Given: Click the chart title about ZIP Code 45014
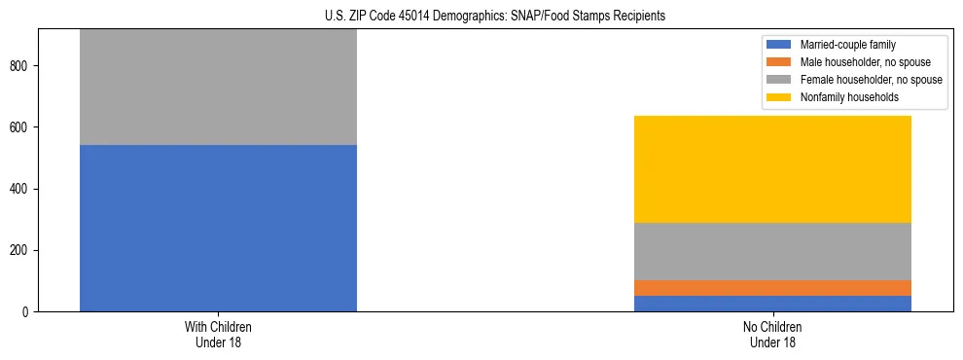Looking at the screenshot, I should click(x=495, y=16).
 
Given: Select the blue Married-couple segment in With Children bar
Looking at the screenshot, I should click(x=218, y=228).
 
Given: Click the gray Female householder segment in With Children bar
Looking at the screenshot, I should click(x=218, y=88).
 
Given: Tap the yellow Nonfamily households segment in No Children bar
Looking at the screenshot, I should click(x=772, y=169).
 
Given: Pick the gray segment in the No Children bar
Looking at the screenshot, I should click(x=772, y=251).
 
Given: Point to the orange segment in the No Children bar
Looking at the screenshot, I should click(x=772, y=288).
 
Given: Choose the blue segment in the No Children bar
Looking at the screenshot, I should click(x=772, y=304).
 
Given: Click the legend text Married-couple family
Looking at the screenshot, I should click(x=848, y=45).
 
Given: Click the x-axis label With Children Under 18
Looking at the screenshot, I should click(x=218, y=334).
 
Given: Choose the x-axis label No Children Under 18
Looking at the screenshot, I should click(x=772, y=334).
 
